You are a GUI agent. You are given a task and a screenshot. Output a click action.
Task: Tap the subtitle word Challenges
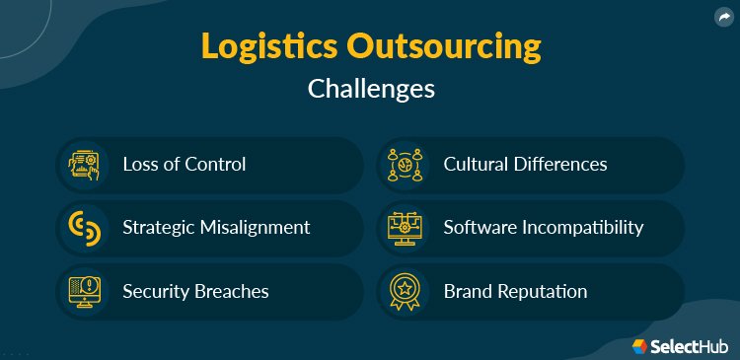click(x=370, y=89)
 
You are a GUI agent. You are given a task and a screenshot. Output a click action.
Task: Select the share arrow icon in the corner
click(x=723, y=16)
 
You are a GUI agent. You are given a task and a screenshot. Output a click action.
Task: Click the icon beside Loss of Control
click(x=83, y=164)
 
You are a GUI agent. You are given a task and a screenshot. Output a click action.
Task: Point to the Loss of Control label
click(x=184, y=164)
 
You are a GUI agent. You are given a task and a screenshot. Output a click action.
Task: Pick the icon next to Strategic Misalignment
click(x=83, y=228)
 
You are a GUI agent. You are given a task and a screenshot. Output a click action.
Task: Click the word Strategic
click(x=158, y=228)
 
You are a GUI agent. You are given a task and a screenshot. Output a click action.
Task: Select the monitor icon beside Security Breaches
click(x=83, y=291)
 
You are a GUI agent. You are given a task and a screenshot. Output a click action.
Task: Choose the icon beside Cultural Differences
click(x=405, y=164)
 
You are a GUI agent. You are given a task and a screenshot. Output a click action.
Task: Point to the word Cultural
click(x=478, y=164)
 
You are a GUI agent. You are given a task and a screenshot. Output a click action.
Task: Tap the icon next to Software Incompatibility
click(x=405, y=228)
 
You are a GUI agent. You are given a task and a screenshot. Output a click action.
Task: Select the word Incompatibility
click(x=582, y=228)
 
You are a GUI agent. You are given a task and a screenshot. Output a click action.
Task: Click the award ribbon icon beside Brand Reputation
click(x=405, y=291)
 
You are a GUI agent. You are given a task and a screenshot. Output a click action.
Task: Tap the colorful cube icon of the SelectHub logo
click(x=640, y=346)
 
